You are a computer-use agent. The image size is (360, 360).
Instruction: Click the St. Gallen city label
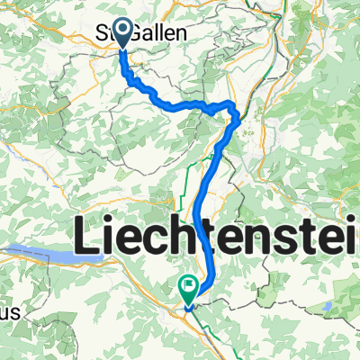coord(142,32)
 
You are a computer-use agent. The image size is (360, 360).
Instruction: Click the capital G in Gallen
coord(139,32)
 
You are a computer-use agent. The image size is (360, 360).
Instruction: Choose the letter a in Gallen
coord(151,33)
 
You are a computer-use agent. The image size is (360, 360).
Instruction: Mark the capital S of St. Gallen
coord(102,32)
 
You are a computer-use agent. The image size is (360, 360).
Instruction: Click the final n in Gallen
coord(182,33)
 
